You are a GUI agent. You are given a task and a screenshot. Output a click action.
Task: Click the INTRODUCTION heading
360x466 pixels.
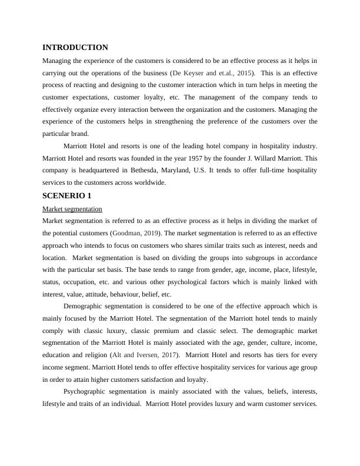(75, 48)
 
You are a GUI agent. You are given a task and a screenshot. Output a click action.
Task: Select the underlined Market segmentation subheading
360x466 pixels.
(72, 209)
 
